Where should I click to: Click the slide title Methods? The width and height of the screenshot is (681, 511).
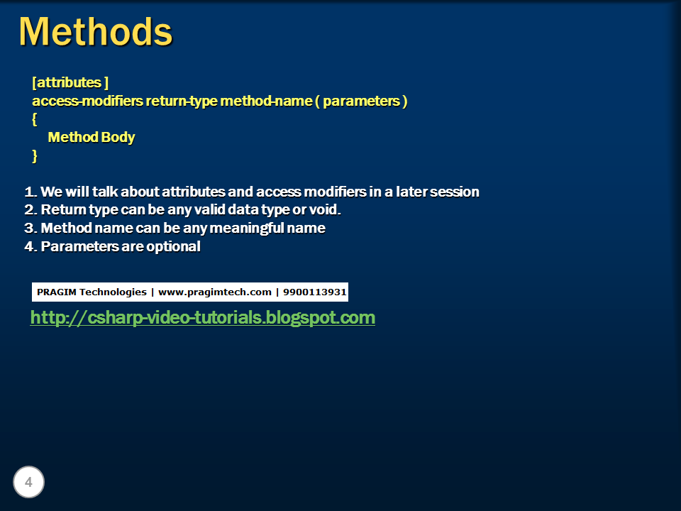coord(95,32)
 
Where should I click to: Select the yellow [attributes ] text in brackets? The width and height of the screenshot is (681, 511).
coord(70,83)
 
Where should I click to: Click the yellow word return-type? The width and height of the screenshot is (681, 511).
coord(182,101)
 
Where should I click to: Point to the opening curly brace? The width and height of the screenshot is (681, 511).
coord(35,119)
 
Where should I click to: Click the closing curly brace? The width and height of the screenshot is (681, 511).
coord(35,155)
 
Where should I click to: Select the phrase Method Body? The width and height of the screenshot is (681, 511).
coord(91,137)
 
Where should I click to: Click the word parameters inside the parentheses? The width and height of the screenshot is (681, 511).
coord(361,101)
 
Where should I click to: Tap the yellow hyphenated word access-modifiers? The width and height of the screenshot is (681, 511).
coord(87,101)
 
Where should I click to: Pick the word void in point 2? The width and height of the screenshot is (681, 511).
coord(325,210)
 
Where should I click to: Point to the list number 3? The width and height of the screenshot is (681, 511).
coord(29,229)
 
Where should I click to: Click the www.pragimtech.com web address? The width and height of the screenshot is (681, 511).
coord(215,292)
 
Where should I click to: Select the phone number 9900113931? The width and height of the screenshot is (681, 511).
coord(314,292)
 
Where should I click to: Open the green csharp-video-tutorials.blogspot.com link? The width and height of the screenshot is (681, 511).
coord(202,317)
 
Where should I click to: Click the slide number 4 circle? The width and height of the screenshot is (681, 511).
coord(28,483)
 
